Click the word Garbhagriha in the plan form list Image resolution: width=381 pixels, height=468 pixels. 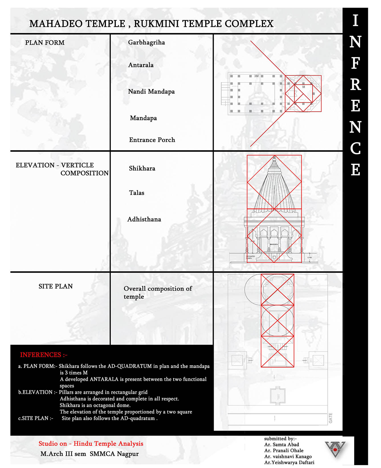click(x=146, y=42)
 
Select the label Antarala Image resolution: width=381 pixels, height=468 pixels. click(x=141, y=65)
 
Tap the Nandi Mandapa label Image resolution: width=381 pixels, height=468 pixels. click(x=151, y=92)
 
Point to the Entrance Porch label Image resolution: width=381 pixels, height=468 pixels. click(x=152, y=140)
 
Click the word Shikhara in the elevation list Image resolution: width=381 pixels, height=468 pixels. click(x=142, y=168)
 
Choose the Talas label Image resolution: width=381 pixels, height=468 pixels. click(x=136, y=193)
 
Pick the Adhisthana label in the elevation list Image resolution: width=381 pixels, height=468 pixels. click(x=144, y=219)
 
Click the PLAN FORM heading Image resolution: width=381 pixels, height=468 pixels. click(x=45, y=43)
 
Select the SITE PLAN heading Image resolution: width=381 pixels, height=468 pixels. click(x=56, y=286)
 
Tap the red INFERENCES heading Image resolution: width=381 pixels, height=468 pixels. click(x=44, y=355)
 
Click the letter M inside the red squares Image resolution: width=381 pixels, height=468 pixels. click(x=303, y=87)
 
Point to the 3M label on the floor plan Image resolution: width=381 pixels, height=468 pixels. click(x=256, y=76)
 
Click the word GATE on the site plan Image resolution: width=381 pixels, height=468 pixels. click(x=331, y=418)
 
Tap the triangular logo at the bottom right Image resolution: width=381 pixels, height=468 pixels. click(x=335, y=449)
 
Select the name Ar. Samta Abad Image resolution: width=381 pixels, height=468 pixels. click(x=282, y=445)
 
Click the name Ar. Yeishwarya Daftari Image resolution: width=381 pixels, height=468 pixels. click(x=289, y=463)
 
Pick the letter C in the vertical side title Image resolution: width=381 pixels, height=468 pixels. click(x=355, y=149)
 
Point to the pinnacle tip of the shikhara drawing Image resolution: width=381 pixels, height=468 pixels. click(x=274, y=157)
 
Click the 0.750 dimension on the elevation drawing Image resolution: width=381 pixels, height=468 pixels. click(x=309, y=258)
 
